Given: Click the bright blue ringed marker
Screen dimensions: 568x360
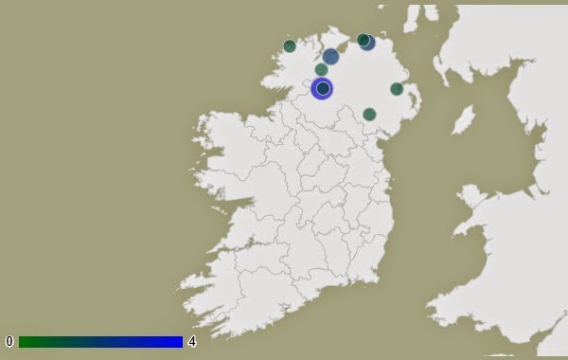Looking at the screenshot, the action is click(323, 88).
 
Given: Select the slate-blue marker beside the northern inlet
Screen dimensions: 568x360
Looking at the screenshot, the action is click(330, 57).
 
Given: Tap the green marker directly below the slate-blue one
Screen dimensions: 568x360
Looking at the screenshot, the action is click(322, 69).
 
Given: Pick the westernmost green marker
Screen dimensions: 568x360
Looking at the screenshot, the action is click(290, 45).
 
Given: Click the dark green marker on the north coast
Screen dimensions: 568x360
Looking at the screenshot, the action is click(363, 40).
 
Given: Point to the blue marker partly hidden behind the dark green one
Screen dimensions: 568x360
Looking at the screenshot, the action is click(369, 43).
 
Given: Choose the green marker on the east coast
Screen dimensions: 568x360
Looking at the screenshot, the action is click(397, 89).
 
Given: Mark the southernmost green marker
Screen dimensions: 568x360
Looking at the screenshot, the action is click(369, 114).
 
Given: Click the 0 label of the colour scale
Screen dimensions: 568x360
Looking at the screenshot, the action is click(9, 341).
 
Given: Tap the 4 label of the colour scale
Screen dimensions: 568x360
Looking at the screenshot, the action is click(192, 341).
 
